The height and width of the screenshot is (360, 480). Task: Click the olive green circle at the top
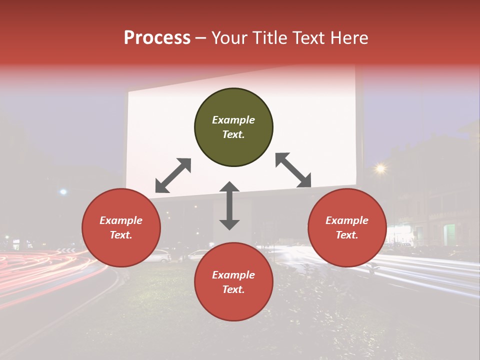point(233,127)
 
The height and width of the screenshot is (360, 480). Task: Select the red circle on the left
point(121,227)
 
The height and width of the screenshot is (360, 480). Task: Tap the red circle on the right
point(347,227)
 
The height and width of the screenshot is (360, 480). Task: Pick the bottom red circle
point(233,282)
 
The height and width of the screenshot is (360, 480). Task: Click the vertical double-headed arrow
point(229,205)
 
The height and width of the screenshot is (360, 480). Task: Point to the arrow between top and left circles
point(173,175)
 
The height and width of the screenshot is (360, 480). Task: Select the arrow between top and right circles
point(293,170)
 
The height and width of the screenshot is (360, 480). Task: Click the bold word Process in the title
point(157,37)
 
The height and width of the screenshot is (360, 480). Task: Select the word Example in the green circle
point(233,120)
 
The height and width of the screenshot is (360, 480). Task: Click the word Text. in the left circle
point(121,235)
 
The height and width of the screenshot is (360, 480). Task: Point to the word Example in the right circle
point(347,220)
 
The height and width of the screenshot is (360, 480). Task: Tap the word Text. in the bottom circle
point(233,289)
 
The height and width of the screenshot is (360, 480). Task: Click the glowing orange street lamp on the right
point(381,169)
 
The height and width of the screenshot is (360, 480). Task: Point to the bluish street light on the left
point(63,191)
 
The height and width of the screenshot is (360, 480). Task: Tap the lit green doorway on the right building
point(449,234)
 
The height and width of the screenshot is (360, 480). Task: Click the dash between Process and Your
point(201,38)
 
